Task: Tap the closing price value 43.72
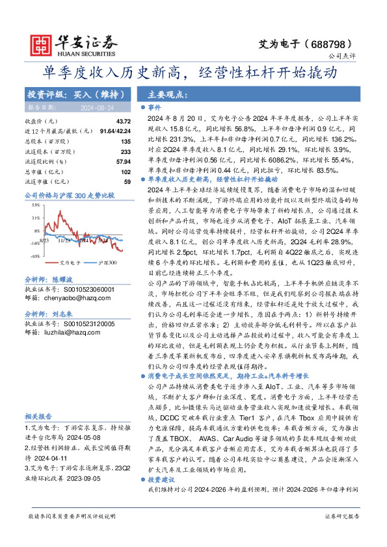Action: click(x=123, y=121)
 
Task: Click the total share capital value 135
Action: click(x=126, y=141)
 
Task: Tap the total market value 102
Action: click(x=126, y=171)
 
